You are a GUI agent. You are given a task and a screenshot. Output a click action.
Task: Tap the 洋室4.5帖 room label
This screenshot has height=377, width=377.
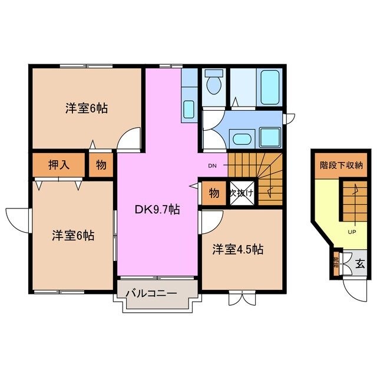click(x=238, y=249)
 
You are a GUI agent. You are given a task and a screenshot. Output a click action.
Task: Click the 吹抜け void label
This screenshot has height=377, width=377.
click(x=241, y=193)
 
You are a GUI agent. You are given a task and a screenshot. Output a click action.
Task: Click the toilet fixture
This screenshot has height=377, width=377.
click(x=213, y=83)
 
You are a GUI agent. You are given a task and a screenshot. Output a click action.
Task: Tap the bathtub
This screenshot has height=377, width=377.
click(x=270, y=88)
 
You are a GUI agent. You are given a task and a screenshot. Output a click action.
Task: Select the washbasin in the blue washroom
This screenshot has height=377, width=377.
click(x=240, y=140)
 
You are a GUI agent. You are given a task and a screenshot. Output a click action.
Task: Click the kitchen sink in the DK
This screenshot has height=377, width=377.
click(x=188, y=109)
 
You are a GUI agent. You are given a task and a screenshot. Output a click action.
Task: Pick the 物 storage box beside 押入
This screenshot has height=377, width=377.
click(x=101, y=165)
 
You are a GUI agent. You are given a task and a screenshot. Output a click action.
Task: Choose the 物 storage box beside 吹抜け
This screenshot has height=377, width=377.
click(x=213, y=193)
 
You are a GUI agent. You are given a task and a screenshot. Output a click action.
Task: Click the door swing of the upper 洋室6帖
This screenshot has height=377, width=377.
click(x=127, y=141)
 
